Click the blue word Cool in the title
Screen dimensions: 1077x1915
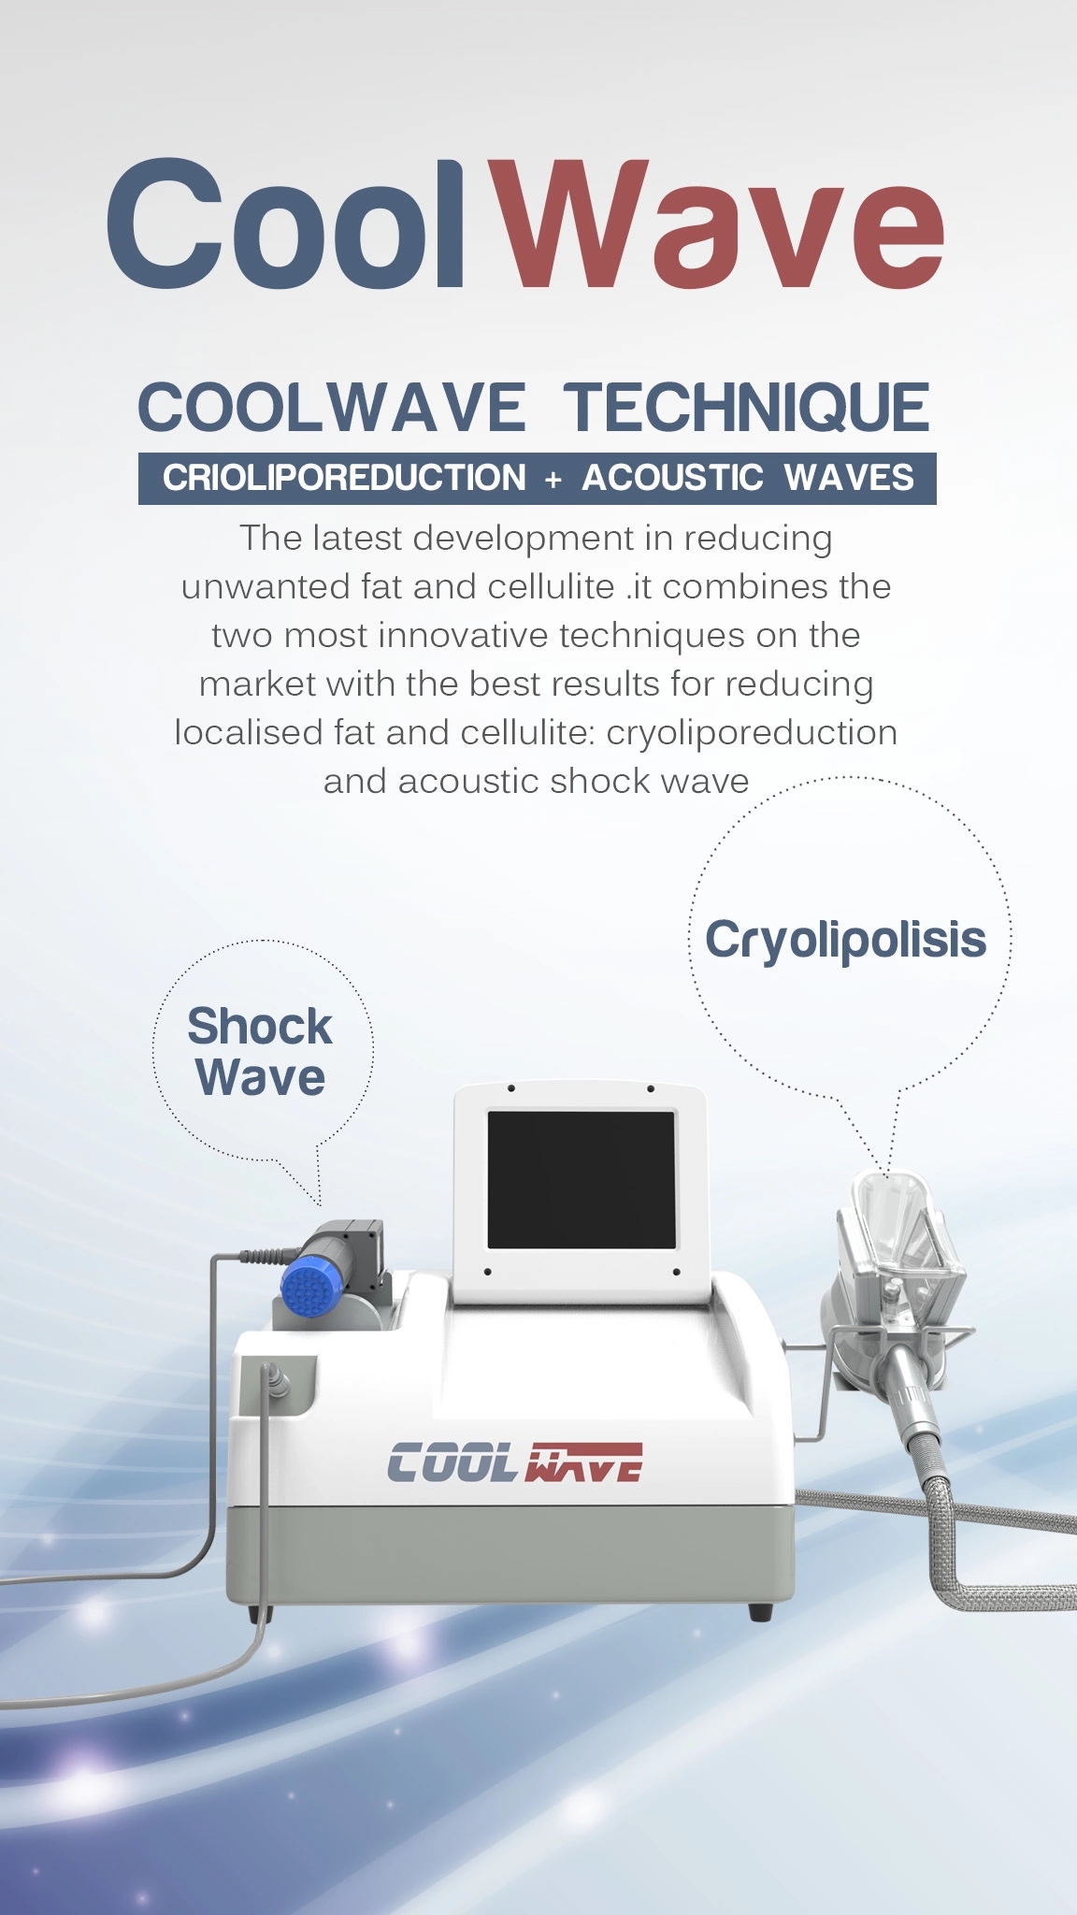click(285, 224)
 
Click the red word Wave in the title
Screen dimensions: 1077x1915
click(718, 224)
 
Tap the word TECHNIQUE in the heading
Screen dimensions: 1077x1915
click(746, 408)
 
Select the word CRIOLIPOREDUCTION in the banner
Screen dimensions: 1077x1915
click(344, 478)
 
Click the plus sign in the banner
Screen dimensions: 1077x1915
click(553, 480)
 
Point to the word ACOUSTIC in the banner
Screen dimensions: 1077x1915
click(673, 478)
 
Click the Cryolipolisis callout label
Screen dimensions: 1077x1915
click(845, 941)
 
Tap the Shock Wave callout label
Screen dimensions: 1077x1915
click(260, 1051)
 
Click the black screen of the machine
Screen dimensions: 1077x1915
click(581, 1179)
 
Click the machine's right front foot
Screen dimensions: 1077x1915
click(760, 1611)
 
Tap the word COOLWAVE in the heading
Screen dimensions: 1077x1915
click(332, 408)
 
